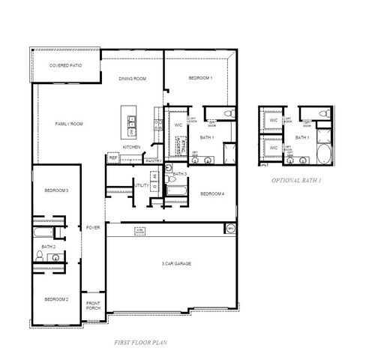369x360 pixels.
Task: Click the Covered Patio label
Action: (x=65, y=66)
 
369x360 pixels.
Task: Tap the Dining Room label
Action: (x=132, y=79)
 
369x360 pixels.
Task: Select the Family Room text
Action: (x=68, y=124)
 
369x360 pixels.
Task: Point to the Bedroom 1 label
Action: (x=200, y=79)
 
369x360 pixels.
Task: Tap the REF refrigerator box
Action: (x=113, y=158)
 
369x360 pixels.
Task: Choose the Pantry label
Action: (x=154, y=160)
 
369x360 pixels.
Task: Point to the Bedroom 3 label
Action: (x=55, y=190)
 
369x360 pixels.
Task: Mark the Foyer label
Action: (x=93, y=227)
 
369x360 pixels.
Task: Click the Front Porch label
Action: (x=93, y=305)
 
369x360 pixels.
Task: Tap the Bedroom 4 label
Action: (x=211, y=194)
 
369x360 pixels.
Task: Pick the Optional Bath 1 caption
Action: (x=296, y=181)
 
